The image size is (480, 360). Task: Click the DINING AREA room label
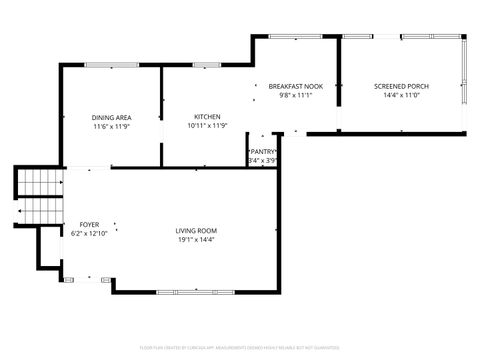coord(111,117)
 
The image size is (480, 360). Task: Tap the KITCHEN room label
coord(207,117)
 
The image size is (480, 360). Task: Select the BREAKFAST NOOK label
coord(295,87)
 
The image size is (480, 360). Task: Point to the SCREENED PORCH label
coord(401,87)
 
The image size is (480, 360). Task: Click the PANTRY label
coord(263,151)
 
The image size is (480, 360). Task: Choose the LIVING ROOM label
coord(196,231)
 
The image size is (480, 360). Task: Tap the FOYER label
coord(89,224)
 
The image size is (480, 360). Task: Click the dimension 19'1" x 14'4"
coord(196,240)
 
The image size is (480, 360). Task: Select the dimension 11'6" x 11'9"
coord(111,126)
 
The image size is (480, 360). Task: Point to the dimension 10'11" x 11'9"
coord(207,126)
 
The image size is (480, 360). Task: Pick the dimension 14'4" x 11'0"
coord(401,96)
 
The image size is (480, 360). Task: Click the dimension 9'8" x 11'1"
coord(295,96)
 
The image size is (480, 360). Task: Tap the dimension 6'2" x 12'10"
coord(89,233)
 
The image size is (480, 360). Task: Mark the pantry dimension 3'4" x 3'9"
coord(263,160)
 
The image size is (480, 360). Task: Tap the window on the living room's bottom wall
coord(186,291)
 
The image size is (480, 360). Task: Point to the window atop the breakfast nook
coord(295,37)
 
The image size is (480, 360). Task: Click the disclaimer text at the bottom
coord(240,350)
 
